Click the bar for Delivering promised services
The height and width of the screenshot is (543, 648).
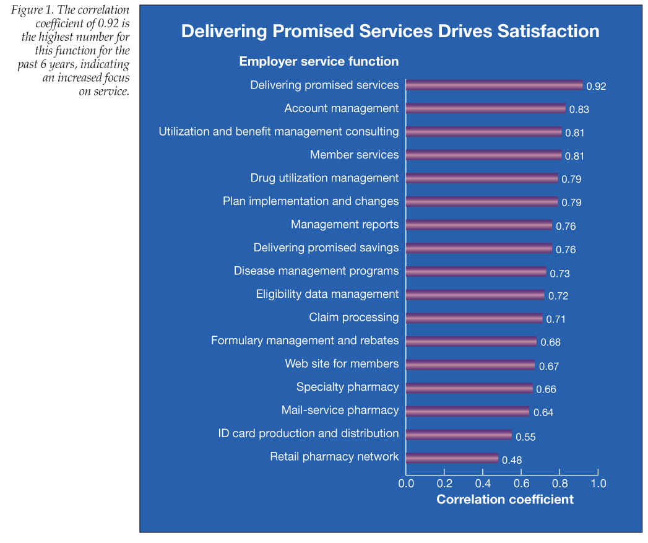494,85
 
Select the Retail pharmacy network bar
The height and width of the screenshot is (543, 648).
452,459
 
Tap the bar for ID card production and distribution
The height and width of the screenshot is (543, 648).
459,435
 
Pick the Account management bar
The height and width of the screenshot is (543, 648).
485,108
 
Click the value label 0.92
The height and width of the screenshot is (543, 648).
596,86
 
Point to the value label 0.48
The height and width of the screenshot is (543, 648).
512,460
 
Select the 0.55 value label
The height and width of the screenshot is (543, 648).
525,437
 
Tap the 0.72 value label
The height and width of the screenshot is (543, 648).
558,296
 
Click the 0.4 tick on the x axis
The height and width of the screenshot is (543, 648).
483,483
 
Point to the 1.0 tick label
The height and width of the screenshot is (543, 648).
598,483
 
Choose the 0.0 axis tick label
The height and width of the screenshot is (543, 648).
406,483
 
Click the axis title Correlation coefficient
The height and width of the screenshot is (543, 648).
505,499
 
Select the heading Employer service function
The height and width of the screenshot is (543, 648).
319,61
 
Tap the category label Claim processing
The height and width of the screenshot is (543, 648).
354,318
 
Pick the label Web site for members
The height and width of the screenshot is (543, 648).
342,364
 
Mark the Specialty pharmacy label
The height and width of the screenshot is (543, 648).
347,388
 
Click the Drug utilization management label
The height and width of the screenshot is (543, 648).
324,178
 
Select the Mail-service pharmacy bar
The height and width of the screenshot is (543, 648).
467,412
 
